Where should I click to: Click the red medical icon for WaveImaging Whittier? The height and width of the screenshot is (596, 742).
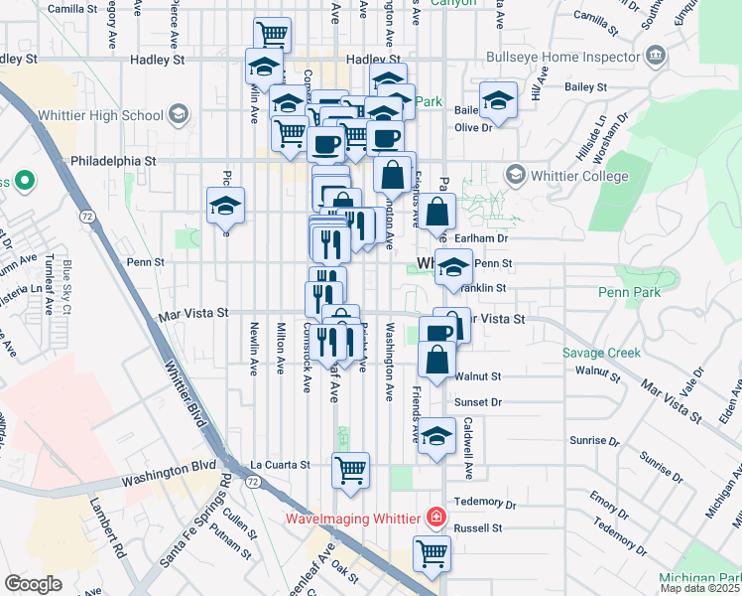433,518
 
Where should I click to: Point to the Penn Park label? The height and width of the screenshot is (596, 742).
628,292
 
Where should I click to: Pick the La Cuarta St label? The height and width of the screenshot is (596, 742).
280,464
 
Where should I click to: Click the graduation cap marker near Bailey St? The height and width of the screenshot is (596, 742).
498,100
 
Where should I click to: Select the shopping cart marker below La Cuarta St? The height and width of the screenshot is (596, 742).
350,470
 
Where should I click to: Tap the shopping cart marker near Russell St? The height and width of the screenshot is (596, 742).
432,553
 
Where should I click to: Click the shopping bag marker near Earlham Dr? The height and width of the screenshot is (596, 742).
436,213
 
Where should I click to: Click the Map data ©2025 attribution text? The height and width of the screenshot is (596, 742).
699,588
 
